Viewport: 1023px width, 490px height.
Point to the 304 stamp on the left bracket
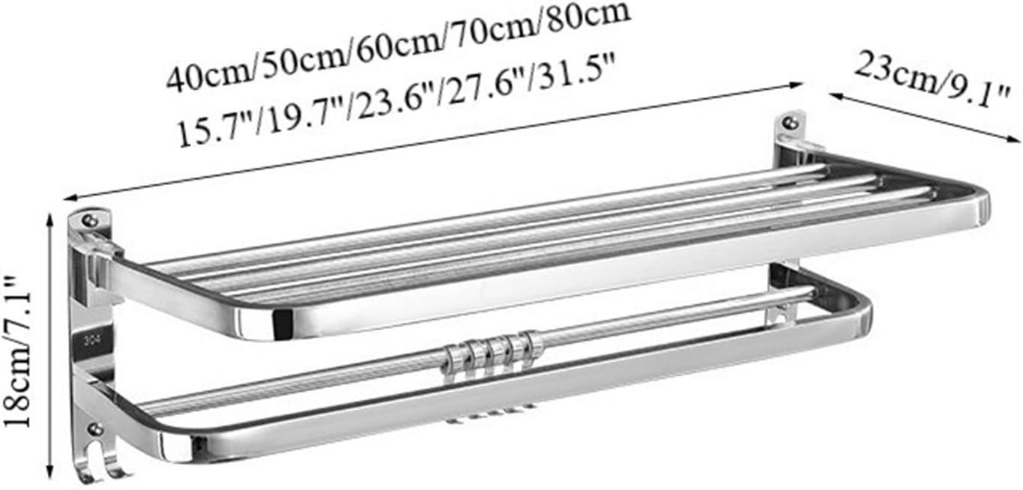91,338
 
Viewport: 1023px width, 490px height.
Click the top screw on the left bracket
89,220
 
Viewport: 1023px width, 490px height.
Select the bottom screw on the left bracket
95,429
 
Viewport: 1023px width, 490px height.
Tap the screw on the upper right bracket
788,123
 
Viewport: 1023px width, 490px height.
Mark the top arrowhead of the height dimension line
51,218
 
